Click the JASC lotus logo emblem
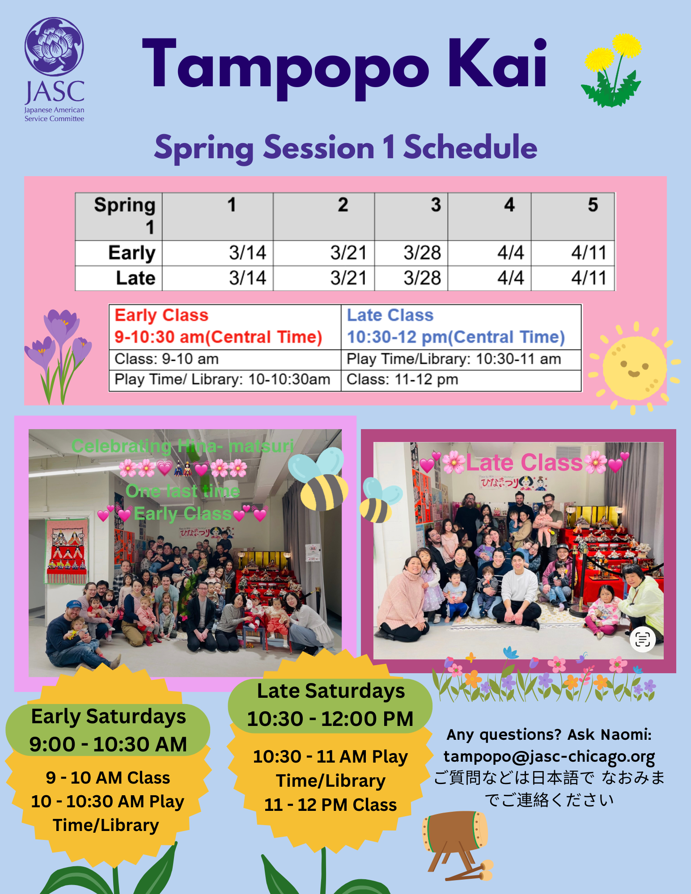click(54, 46)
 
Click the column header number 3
click(436, 205)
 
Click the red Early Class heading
click(161, 315)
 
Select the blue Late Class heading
click(390, 315)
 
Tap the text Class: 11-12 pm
click(402, 380)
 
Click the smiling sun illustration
click(634, 367)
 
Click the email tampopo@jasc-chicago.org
click(549, 756)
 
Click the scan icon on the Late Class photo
click(643, 640)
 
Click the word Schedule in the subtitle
click(470, 148)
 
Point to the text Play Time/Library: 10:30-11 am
click(454, 359)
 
